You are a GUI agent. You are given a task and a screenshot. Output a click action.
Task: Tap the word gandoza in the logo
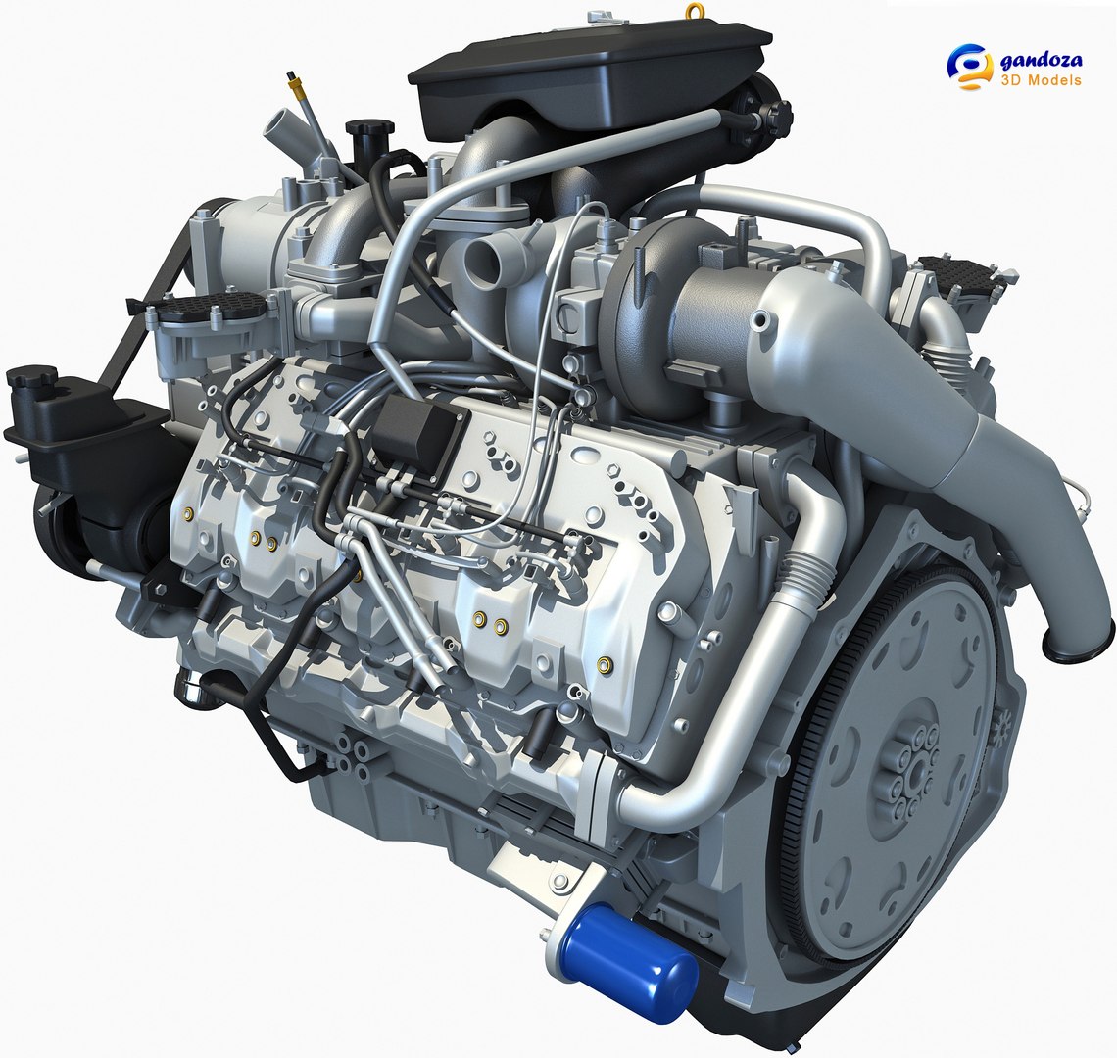tap(1041, 61)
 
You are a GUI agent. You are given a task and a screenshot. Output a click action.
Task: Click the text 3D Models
tap(1040, 80)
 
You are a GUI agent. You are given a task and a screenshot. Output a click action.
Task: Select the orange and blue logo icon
tap(969, 67)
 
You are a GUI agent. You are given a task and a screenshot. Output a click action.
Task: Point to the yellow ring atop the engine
tap(695, 12)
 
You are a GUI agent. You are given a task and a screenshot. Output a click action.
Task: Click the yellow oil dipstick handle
tap(292, 78)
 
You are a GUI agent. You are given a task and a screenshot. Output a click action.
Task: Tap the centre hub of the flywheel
tap(916, 773)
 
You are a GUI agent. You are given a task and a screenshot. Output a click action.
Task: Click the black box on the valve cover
tap(417, 432)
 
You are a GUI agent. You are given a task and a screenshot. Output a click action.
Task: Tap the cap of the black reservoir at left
tap(32, 378)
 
